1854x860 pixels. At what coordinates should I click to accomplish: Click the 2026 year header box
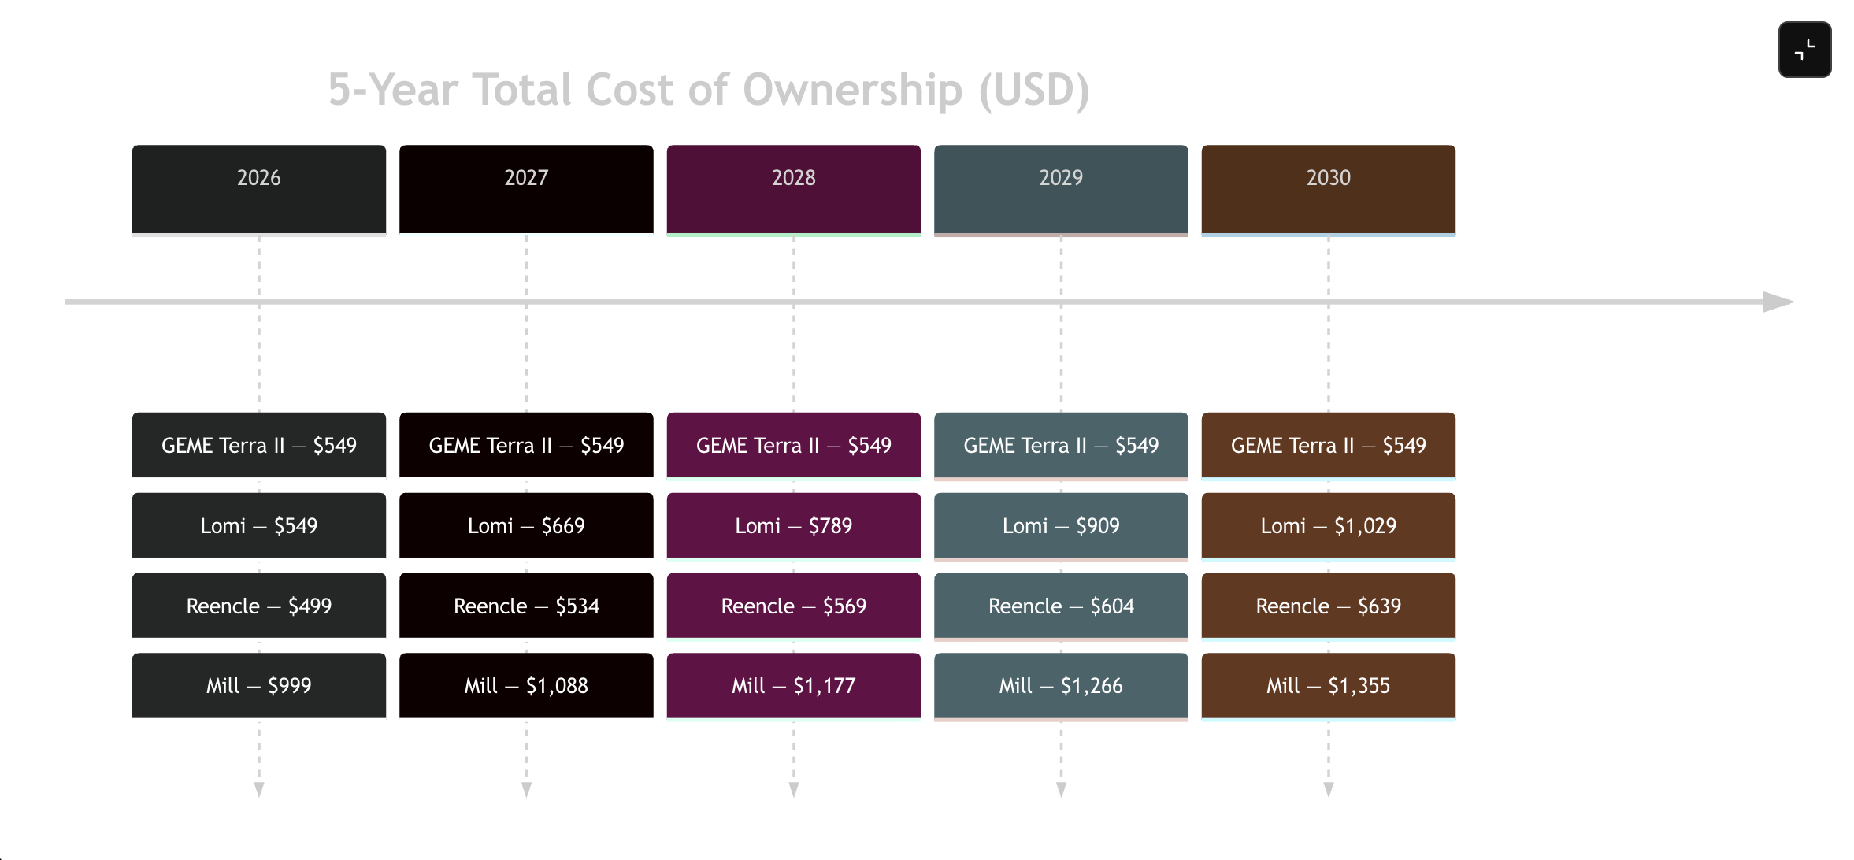tap(258, 189)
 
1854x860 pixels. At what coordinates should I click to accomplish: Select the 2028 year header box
tap(793, 189)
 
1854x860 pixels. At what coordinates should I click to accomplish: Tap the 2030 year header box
tap(1328, 189)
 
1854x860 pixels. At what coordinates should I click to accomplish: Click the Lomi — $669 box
tap(526, 525)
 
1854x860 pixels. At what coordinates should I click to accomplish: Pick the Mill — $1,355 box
tap(1328, 685)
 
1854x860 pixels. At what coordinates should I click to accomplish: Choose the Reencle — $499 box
tap(258, 606)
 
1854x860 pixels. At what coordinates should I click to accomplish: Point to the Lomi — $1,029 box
tap(1328, 525)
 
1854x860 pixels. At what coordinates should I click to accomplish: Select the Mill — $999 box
tap(258, 685)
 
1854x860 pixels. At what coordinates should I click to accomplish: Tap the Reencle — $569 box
tap(793, 606)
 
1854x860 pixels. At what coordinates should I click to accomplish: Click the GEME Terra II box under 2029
tap(1061, 445)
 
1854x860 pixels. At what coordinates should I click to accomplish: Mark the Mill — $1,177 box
tap(793, 685)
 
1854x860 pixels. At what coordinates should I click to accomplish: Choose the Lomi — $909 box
tap(1061, 525)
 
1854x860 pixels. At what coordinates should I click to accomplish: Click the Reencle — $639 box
tap(1328, 606)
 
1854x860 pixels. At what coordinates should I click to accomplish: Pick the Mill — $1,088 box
tap(526, 685)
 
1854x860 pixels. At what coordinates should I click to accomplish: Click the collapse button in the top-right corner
tap(1804, 50)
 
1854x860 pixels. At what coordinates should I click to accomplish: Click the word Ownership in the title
tap(852, 90)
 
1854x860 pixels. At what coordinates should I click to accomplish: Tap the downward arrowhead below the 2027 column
tap(526, 789)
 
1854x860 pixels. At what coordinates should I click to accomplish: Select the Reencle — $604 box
tap(1061, 606)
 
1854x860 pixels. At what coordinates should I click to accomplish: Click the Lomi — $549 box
tap(258, 525)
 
